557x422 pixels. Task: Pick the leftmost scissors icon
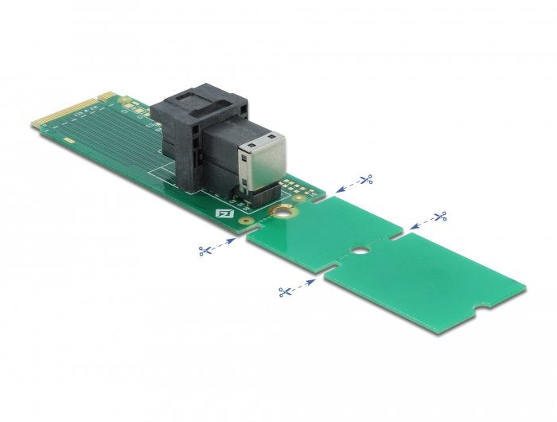pyautogui.click(x=205, y=251)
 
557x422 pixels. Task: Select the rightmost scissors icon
pyautogui.click(x=439, y=216)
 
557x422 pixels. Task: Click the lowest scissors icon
pyautogui.click(x=284, y=291)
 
